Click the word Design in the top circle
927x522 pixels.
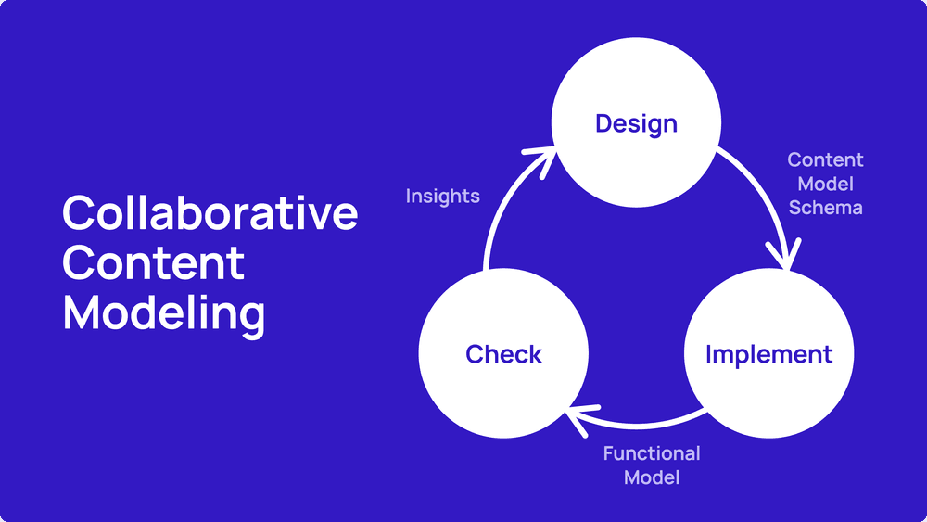pyautogui.click(x=636, y=124)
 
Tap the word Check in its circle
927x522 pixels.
pyautogui.click(x=503, y=354)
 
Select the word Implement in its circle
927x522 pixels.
pyautogui.click(x=769, y=355)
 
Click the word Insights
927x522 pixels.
pyautogui.click(x=443, y=197)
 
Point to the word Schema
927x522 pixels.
pyautogui.click(x=825, y=208)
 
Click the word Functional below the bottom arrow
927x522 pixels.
pyautogui.click(x=652, y=453)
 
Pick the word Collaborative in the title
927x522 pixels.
pyautogui.click(x=210, y=213)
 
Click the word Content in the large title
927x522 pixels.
pyautogui.click(x=153, y=262)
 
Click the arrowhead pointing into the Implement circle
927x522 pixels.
pyautogui.click(x=785, y=255)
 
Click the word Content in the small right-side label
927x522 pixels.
pyautogui.click(x=825, y=159)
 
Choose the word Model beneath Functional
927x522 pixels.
pyautogui.click(x=652, y=477)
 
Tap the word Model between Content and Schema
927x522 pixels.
pyautogui.click(x=825, y=184)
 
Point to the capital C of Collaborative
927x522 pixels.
pyautogui.click(x=79, y=213)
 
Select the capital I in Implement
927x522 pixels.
pyautogui.click(x=709, y=354)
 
